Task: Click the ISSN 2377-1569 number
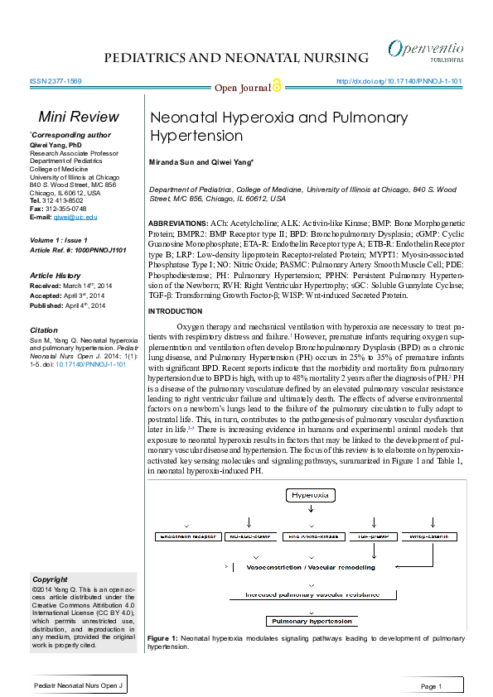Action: (55, 82)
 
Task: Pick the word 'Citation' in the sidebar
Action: (44, 330)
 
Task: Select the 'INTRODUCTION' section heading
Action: (175, 310)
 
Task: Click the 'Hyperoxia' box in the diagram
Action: (310, 495)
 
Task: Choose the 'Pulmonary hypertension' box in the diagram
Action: (309, 621)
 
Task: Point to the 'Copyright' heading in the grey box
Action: (50, 579)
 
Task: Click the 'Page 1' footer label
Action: (431, 686)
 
